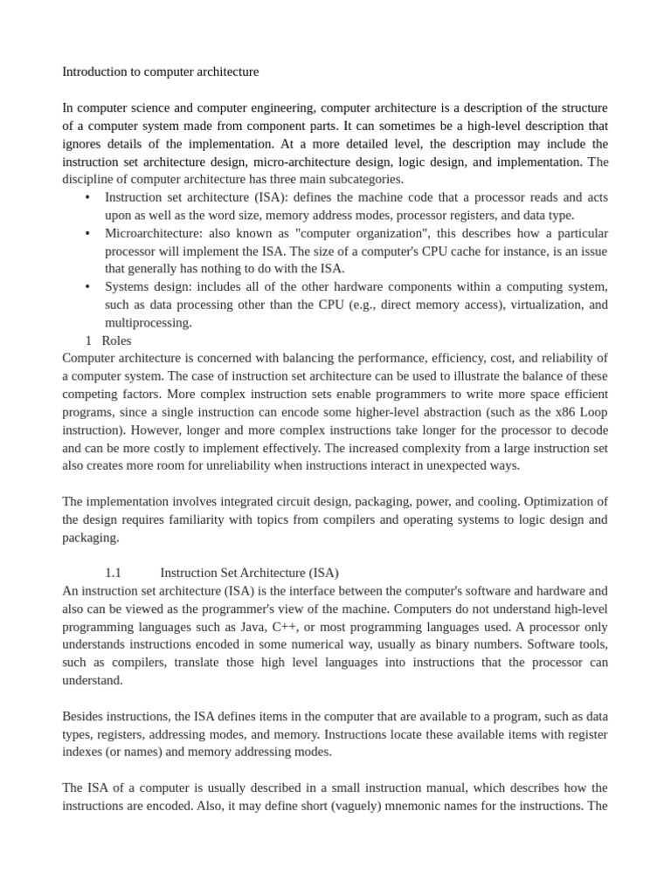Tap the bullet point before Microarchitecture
click(87, 233)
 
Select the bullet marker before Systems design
click(87, 286)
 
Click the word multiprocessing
click(148, 322)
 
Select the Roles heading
click(116, 340)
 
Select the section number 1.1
click(113, 573)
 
